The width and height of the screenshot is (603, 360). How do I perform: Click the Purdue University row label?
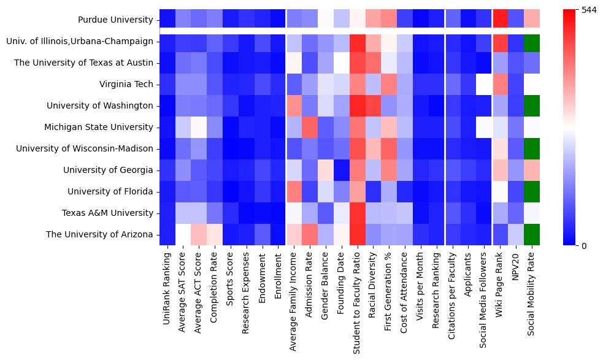[x=115, y=20]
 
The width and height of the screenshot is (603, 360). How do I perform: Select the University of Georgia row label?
[x=110, y=170]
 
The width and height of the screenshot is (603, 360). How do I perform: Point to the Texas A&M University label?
[x=107, y=213]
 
